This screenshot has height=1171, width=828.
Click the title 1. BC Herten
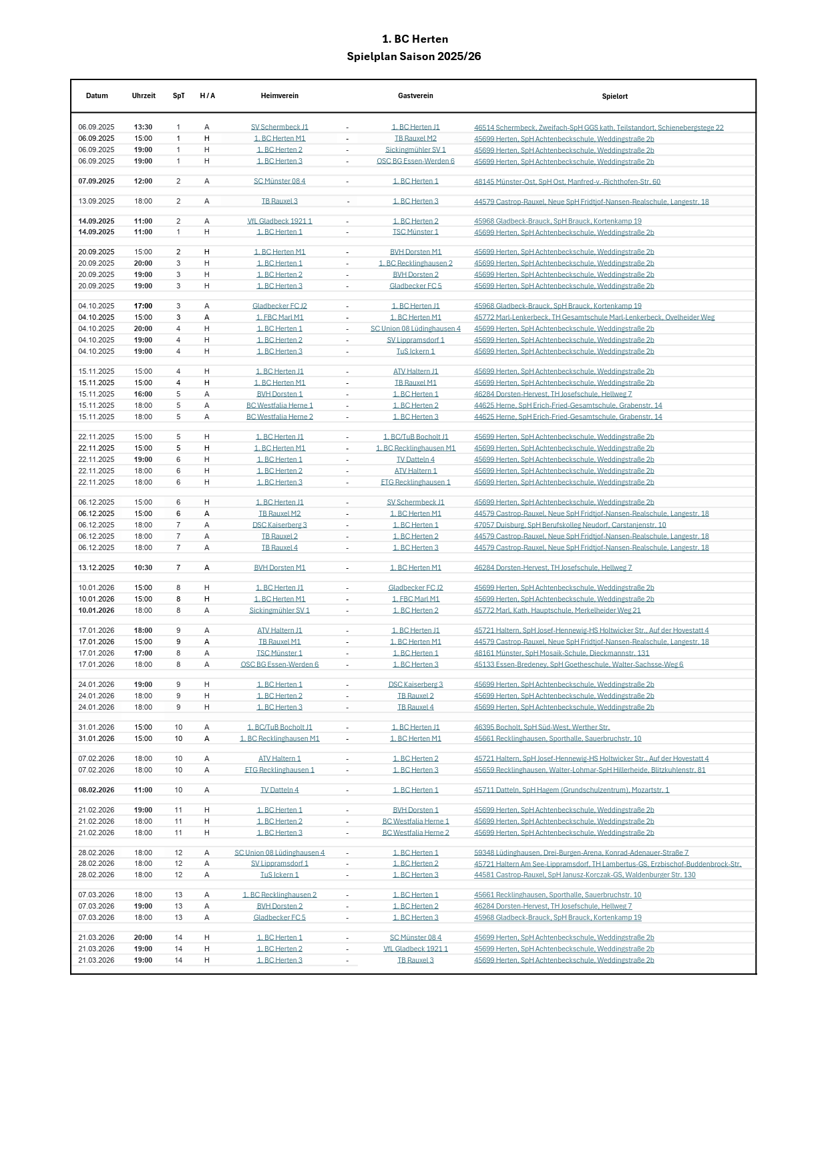click(415, 39)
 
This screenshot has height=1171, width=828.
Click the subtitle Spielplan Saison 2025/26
click(414, 57)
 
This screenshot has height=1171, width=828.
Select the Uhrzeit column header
click(144, 96)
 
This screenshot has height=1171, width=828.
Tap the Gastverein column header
click(415, 96)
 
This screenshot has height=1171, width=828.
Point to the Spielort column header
click(614, 97)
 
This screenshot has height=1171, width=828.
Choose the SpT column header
click(178, 96)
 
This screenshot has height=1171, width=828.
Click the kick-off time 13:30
click(143, 128)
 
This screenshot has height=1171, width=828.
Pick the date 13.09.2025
click(96, 202)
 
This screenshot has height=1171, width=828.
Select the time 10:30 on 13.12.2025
click(143, 568)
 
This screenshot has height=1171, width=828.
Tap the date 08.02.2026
click(96, 790)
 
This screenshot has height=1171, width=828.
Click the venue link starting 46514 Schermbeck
click(598, 128)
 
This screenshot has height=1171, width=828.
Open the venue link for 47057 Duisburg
click(570, 525)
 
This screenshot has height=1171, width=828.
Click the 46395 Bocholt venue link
click(542, 728)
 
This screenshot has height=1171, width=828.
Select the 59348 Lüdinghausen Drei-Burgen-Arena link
click(581, 853)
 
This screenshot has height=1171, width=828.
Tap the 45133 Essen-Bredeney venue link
click(578, 665)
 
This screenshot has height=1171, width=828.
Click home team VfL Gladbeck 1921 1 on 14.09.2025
click(280, 222)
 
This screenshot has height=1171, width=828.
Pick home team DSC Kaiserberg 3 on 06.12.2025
click(280, 525)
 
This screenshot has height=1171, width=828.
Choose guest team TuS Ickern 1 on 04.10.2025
click(415, 352)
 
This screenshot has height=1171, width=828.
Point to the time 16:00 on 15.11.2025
click(143, 395)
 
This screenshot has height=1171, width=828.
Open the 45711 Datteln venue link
click(572, 790)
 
